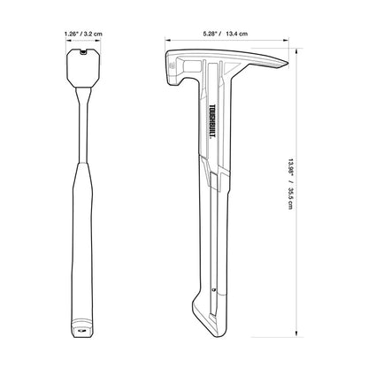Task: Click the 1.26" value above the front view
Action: pos(73,34)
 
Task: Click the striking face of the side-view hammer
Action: pos(171,65)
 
